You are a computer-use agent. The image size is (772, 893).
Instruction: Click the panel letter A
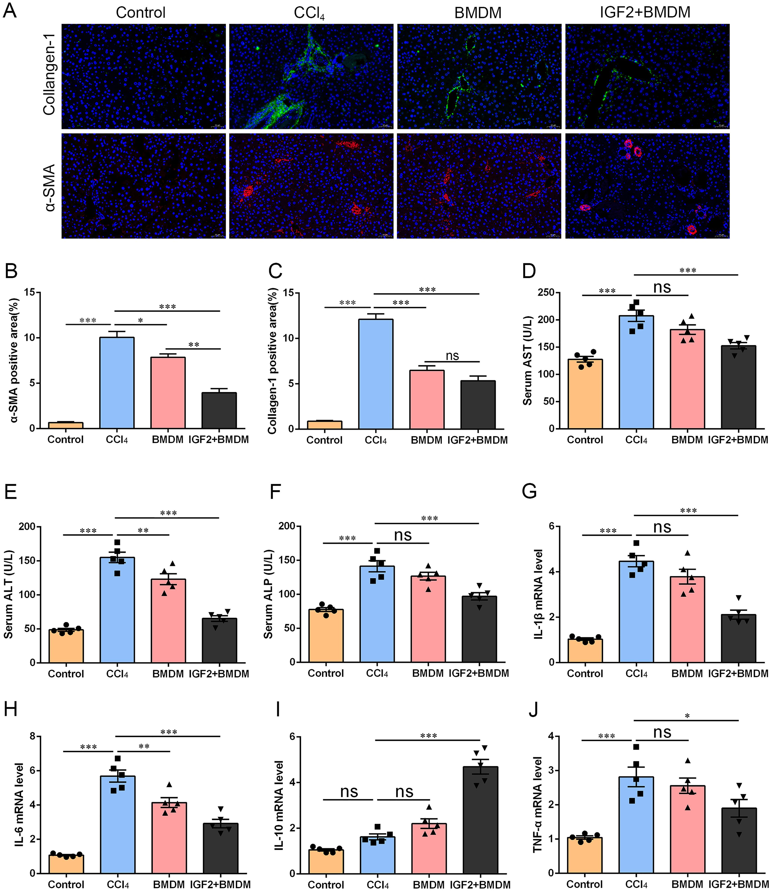[10, 10]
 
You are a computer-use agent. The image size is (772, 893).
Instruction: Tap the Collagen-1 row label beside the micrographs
[49, 76]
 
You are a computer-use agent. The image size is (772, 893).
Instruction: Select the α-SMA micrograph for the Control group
[144, 186]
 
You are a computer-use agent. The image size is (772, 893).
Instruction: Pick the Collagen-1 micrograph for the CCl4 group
[311, 76]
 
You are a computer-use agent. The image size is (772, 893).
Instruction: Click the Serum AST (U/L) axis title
[527, 361]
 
